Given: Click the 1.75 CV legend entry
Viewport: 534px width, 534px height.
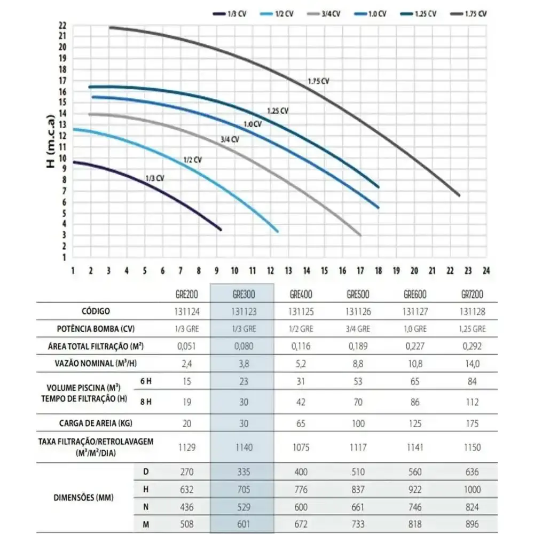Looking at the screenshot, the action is [469, 14].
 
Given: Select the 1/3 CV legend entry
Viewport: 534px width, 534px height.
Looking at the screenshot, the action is [230, 14].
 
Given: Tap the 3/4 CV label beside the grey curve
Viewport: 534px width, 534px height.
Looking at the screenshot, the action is [230, 139].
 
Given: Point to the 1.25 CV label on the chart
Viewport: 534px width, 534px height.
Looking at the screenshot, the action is [278, 111].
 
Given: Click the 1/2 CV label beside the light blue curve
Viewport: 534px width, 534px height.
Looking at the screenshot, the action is [193, 160].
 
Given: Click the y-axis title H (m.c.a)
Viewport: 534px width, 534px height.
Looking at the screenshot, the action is [50, 142].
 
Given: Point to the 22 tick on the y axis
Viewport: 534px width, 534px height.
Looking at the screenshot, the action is [62, 26].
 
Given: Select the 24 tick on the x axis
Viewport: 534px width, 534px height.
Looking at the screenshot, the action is [486, 271].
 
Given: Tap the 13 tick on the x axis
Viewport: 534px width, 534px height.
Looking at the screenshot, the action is [288, 271].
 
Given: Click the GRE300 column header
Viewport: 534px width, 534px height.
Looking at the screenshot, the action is [244, 294].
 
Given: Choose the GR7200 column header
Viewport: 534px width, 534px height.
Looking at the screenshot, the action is [472, 294].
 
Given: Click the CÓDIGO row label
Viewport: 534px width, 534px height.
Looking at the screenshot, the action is [96, 311].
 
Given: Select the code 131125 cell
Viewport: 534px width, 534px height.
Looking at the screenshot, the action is [301, 312].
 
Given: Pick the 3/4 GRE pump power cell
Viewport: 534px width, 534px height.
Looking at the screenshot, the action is [358, 329].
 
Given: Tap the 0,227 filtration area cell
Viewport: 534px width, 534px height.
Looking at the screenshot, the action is [415, 347].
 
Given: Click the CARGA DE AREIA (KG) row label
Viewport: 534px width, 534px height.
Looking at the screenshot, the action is [96, 423].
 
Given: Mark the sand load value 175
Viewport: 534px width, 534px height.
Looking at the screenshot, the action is [472, 423].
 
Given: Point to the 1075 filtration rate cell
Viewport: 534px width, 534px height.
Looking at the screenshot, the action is [301, 447].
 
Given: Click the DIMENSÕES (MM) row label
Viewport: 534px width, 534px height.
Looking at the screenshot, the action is [83, 498].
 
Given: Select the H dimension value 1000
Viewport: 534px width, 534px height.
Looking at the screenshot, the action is [472, 490].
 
